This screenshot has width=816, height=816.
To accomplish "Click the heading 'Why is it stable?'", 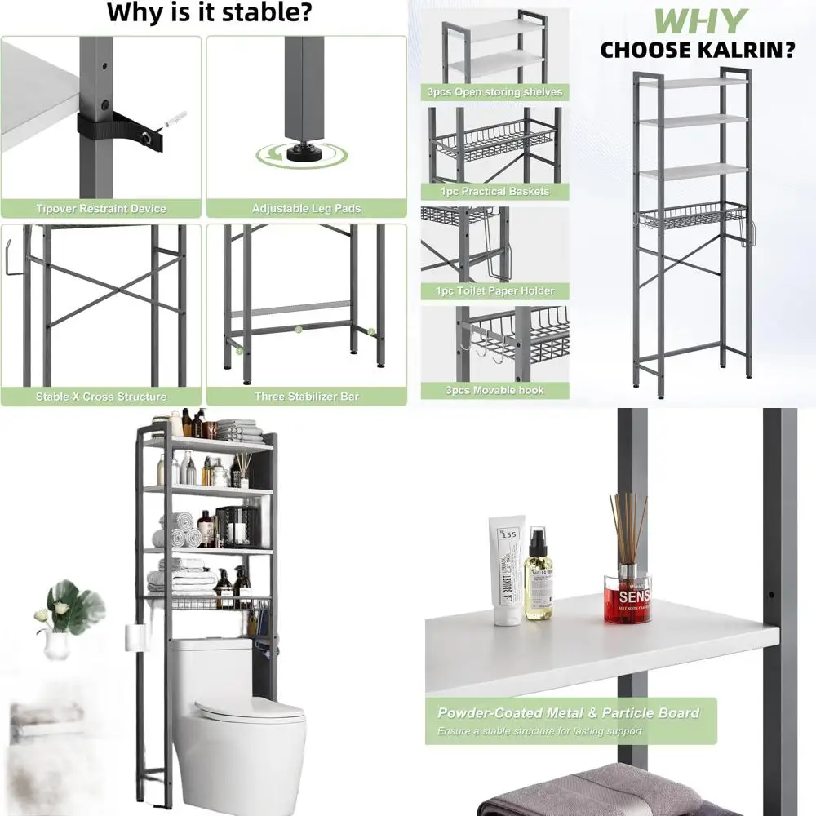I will tap(209, 13).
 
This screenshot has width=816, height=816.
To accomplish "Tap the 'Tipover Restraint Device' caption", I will tap(101, 209).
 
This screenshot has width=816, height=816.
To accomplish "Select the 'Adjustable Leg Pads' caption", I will tap(306, 209).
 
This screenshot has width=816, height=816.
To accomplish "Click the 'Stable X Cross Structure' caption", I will tap(101, 397).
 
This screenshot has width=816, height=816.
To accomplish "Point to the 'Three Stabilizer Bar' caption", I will tap(306, 397).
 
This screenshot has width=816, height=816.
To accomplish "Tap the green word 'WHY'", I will tap(701, 21).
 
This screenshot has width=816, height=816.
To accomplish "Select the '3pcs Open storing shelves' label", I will tap(494, 92).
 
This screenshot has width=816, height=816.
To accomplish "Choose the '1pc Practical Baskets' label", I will tap(494, 192).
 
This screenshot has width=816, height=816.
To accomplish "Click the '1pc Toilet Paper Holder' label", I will tap(494, 291).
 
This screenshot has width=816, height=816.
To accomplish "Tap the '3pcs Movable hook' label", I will tap(494, 391).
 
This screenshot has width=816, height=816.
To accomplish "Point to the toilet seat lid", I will tap(250, 711).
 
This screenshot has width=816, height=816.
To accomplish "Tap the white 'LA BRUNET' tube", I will tap(506, 571).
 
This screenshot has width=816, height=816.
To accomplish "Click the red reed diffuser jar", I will tap(628, 600).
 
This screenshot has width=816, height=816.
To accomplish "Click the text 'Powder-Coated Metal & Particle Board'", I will tap(569, 713).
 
